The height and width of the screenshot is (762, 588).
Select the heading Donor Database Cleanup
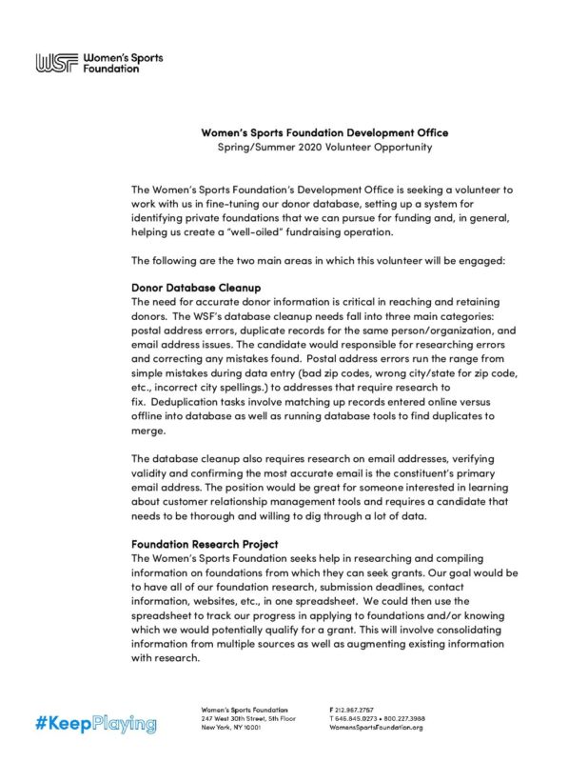click(196, 287)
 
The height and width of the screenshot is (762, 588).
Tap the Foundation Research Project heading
click(205, 544)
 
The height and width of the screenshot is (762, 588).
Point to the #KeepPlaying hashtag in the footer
click(96, 724)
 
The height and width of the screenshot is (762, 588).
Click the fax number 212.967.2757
click(354, 710)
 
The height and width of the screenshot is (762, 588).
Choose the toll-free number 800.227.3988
click(402, 718)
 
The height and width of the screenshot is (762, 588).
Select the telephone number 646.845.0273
click(358, 718)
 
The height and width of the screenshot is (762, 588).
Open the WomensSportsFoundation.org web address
click(376, 727)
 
